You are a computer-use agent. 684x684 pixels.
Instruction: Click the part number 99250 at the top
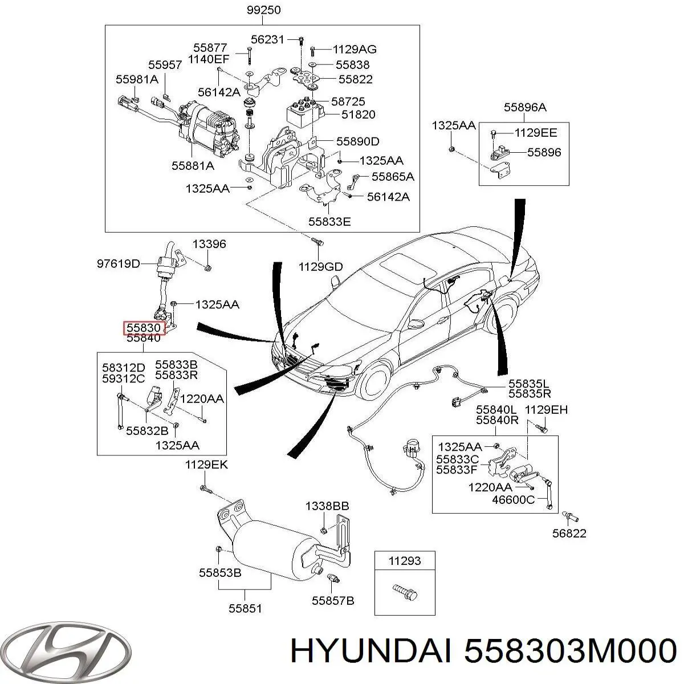coord(262,10)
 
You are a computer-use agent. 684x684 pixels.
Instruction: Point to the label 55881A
coord(193,166)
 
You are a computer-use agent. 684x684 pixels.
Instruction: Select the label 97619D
coord(118,264)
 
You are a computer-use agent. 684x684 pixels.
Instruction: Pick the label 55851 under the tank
coord(245,608)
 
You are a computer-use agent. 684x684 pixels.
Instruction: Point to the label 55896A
coord(524,107)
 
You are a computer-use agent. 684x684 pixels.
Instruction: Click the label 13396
coord(209,244)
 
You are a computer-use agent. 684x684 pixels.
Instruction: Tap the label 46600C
coord(514,500)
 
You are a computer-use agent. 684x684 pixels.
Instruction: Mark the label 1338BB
coord(327,506)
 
